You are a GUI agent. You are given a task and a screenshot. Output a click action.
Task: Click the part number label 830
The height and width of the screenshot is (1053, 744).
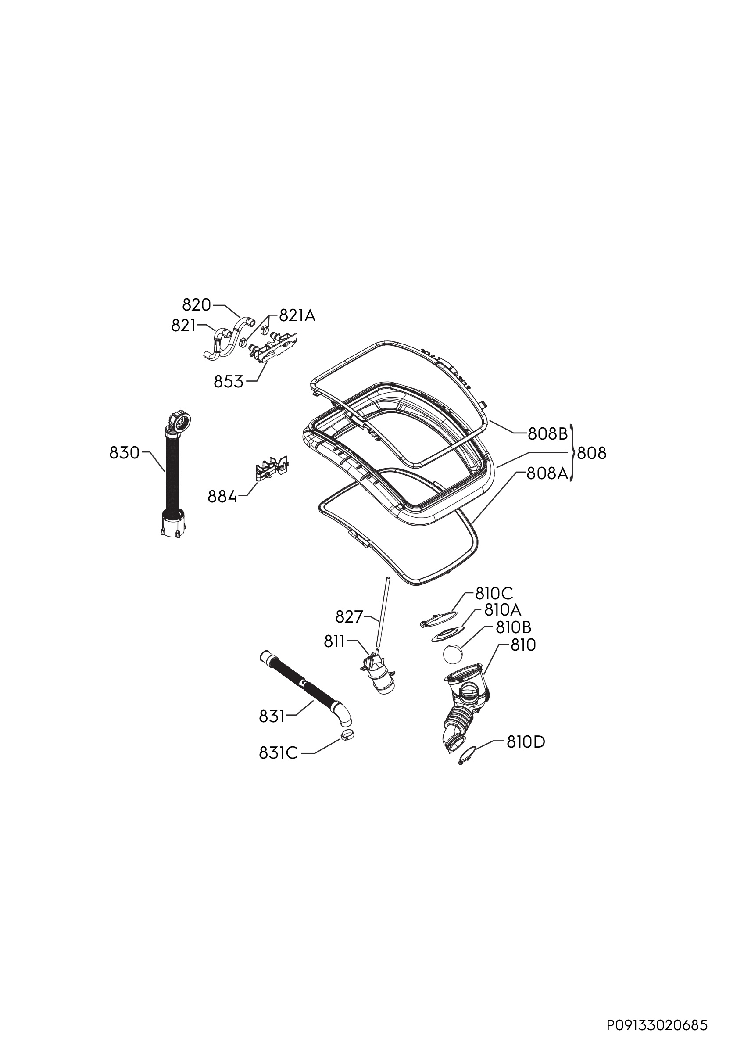[x=124, y=453]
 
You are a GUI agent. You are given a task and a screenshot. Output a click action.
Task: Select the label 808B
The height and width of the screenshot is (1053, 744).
[x=548, y=434]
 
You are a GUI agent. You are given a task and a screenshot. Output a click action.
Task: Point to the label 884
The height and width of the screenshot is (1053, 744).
[x=223, y=497]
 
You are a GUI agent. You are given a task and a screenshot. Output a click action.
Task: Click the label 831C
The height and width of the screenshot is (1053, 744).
[x=278, y=753]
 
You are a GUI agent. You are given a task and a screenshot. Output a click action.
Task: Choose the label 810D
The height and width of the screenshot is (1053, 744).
[x=526, y=742]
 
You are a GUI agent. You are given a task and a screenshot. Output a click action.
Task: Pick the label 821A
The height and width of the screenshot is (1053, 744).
[x=297, y=315]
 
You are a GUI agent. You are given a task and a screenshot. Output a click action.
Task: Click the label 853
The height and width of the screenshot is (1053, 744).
[x=229, y=382]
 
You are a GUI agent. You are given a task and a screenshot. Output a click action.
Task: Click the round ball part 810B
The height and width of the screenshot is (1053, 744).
[x=452, y=653]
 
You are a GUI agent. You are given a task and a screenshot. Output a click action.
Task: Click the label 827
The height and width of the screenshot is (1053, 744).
[x=349, y=617]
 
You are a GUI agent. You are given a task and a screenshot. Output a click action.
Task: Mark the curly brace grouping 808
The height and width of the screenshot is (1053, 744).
[x=572, y=453]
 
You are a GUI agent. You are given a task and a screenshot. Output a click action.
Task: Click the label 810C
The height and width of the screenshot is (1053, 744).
[x=494, y=594]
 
